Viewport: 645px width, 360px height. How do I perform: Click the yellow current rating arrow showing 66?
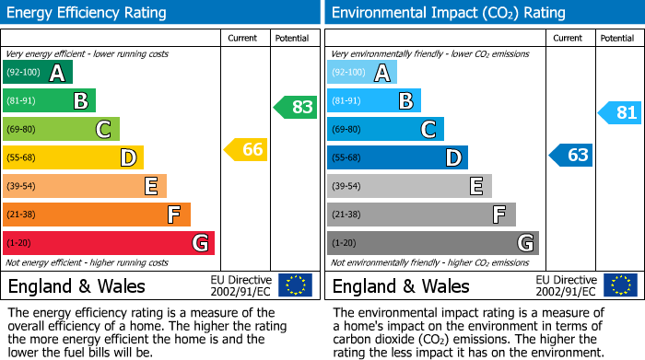(247, 149)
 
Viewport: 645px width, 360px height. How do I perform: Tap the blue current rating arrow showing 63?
(571, 155)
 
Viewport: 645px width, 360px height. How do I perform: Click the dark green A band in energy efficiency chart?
(38, 73)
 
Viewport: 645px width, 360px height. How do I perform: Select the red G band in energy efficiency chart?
(109, 243)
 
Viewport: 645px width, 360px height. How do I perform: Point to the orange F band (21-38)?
(97, 215)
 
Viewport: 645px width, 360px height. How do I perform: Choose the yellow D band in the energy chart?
(73, 157)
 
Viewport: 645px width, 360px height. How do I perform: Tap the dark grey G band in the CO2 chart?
(432, 243)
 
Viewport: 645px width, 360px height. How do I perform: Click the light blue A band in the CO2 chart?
(362, 73)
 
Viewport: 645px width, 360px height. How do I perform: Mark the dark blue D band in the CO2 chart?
(397, 157)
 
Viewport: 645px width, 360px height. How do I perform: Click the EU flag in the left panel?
(295, 285)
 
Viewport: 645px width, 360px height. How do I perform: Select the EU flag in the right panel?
(619, 285)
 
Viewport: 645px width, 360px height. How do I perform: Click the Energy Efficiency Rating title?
(88, 13)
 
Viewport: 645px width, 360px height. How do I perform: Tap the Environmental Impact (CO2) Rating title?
(448, 13)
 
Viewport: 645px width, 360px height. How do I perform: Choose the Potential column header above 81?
(617, 38)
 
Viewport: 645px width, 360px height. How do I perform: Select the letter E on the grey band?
(476, 186)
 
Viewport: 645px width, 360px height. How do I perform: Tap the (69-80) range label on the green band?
(22, 129)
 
